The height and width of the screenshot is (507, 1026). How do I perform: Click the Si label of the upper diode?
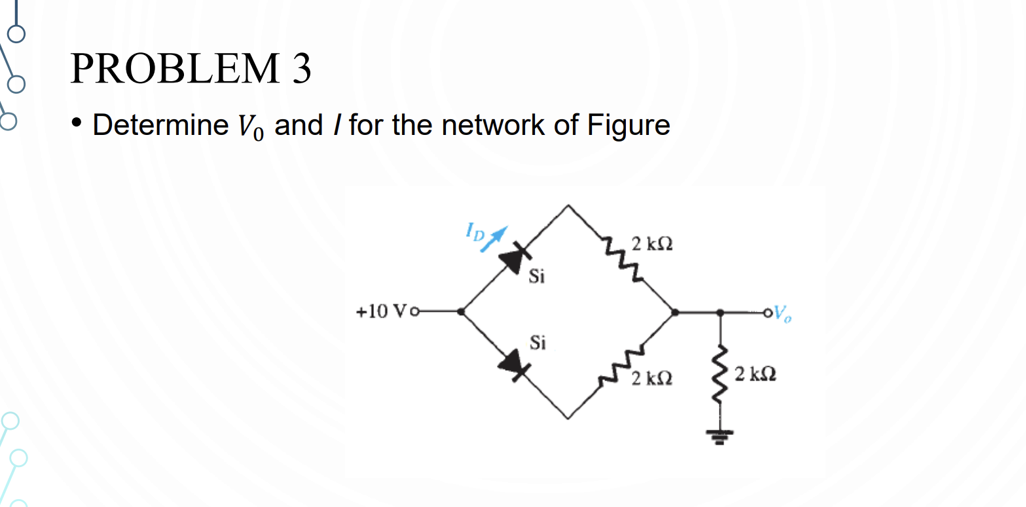(536, 278)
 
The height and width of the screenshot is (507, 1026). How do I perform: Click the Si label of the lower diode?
(538, 343)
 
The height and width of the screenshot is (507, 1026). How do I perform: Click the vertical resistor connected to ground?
(721, 375)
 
